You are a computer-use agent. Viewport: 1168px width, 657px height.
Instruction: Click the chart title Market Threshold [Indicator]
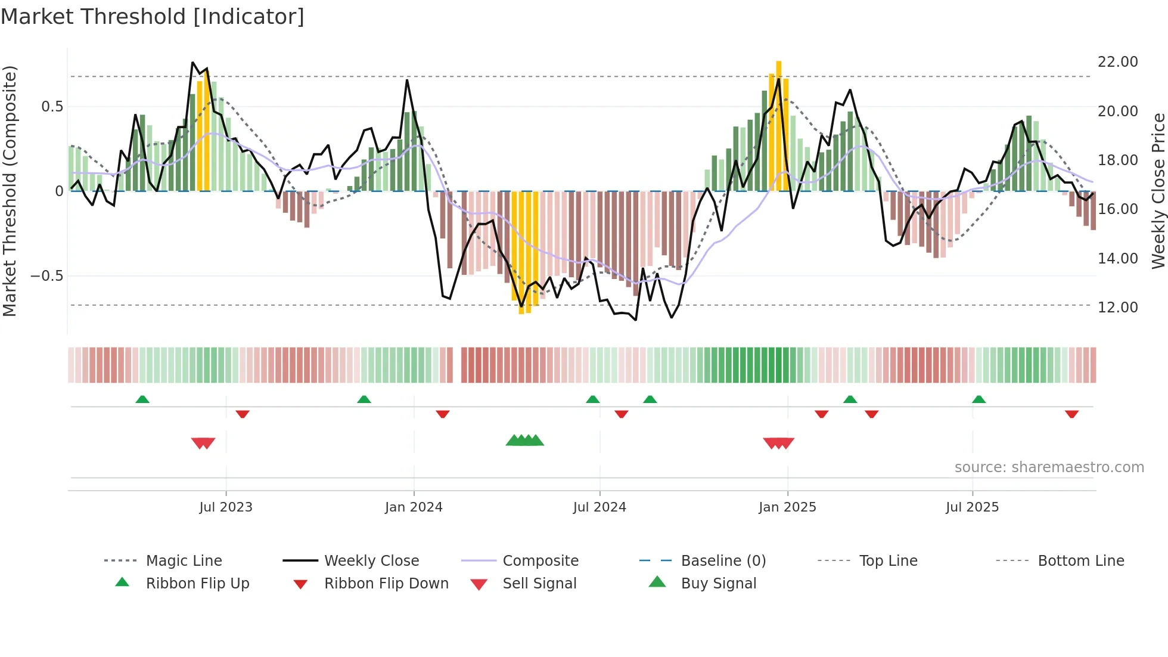click(x=153, y=17)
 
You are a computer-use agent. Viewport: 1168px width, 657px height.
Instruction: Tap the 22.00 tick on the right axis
click(x=1117, y=62)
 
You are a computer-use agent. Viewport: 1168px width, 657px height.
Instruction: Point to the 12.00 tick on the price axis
click(x=1117, y=308)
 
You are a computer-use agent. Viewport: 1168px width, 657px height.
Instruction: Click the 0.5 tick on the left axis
click(x=52, y=107)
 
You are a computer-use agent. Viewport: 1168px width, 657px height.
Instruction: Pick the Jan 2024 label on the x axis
click(x=414, y=507)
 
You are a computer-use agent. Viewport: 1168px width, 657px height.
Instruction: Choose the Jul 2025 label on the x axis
click(x=972, y=507)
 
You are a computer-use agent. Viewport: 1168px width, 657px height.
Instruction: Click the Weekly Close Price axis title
click(x=1158, y=191)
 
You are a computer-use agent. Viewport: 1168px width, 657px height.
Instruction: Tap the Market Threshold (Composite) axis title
click(x=10, y=191)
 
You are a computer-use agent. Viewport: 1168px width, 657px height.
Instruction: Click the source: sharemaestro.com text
click(x=1049, y=467)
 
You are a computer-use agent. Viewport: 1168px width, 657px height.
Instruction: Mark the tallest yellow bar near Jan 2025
click(x=778, y=125)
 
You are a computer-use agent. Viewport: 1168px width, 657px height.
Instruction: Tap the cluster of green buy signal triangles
click(x=525, y=441)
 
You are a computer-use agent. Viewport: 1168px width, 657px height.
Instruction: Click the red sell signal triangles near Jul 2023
click(x=203, y=443)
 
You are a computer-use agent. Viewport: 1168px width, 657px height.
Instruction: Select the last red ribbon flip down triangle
click(x=1071, y=414)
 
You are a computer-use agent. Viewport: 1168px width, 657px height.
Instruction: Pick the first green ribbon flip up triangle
click(x=142, y=399)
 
